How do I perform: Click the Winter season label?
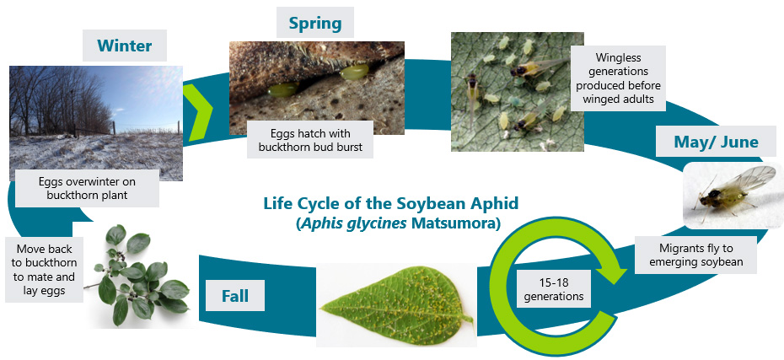pos(125,46)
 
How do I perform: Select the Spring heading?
pos(315,23)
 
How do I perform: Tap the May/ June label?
pos(716,142)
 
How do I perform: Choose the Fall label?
pos(235,296)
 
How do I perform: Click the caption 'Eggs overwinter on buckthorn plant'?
pos(87,188)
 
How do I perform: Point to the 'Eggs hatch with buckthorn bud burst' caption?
pos(310,140)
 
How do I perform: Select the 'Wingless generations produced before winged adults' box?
pos(618,78)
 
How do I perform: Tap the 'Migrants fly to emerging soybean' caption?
pos(696,255)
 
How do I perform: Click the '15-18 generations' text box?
pos(553,289)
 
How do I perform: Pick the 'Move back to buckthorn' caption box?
pos(44,270)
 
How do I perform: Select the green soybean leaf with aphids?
pos(396,304)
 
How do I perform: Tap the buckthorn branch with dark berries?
pos(137,274)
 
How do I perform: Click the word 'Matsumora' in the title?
pos(454,223)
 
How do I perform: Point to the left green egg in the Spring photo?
pos(282,90)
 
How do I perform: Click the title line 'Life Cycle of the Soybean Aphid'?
pos(391,203)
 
